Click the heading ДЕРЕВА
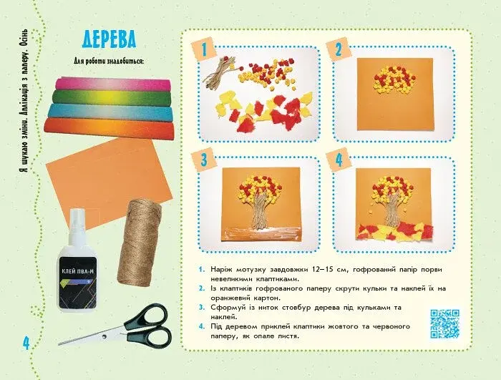(110, 39)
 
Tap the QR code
(444, 323)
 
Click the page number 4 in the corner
(26, 343)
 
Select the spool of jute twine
(140, 242)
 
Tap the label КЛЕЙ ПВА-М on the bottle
(77, 272)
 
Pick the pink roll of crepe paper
(113, 84)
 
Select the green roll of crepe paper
(112, 97)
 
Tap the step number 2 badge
(339, 49)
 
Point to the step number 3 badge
(205, 160)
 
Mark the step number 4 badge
(339, 160)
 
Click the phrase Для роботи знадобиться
(108, 61)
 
